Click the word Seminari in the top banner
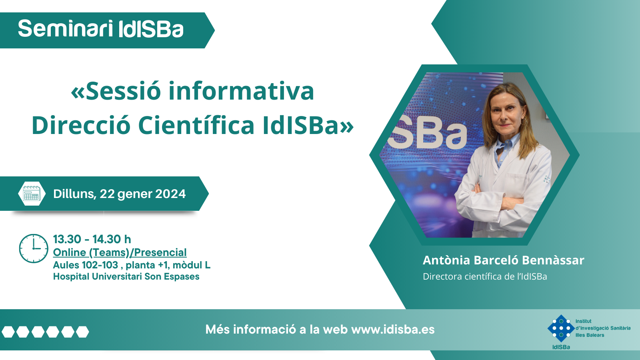[66, 28]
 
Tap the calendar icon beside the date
[32, 194]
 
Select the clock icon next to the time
[34, 248]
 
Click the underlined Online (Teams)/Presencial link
[120, 252]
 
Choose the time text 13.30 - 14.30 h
[92, 240]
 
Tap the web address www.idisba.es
[393, 330]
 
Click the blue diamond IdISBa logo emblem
[561, 328]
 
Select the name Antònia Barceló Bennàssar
[504, 260]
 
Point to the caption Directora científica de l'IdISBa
[485, 276]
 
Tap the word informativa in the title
[241, 91]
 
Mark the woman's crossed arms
[497, 197]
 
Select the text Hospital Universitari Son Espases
[126, 276]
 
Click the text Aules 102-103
[86, 265]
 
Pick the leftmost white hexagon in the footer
[8, 332]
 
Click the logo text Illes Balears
[590, 335]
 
